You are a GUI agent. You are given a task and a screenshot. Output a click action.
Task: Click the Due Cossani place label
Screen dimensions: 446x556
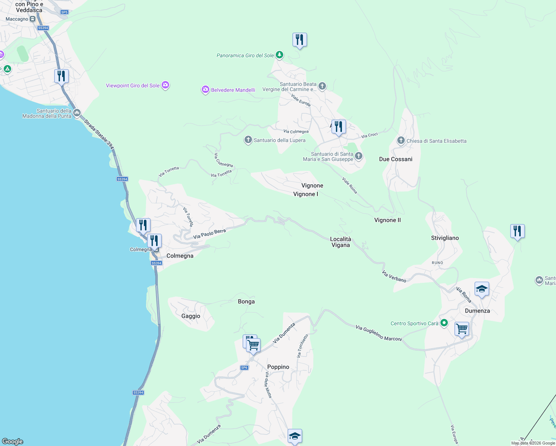click(395, 159)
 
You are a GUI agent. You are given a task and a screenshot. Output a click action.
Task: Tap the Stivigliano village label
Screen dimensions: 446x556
click(445, 238)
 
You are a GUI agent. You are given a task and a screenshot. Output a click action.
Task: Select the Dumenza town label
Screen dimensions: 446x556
click(477, 311)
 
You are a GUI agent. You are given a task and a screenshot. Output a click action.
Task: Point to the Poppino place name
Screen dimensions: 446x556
click(278, 367)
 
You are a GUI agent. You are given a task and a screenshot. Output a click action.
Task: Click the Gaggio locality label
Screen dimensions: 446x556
click(191, 316)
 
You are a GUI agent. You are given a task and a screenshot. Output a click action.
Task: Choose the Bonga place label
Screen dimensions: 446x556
click(246, 301)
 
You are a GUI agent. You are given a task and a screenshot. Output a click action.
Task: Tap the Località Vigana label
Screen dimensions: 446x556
click(340, 242)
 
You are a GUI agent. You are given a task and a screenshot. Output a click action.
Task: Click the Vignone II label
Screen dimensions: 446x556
click(387, 220)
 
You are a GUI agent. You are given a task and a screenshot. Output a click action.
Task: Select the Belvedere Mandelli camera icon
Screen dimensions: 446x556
click(205, 90)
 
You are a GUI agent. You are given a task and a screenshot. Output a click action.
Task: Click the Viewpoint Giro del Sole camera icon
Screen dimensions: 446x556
click(165, 85)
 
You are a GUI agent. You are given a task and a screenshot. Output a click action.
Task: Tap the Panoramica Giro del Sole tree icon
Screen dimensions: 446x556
click(279, 55)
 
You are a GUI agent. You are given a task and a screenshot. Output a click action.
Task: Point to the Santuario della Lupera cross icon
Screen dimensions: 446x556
click(248, 140)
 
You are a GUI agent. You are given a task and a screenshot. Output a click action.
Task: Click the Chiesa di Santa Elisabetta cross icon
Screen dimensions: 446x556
click(401, 140)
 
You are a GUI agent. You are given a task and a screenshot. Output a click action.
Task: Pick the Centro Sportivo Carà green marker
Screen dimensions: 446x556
click(444, 323)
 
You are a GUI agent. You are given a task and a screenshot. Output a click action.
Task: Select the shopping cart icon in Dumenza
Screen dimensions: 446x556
click(462, 329)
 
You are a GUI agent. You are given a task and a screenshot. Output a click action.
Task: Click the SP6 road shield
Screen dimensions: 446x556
click(244, 368)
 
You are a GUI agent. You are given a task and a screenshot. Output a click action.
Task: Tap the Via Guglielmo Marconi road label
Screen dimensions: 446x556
click(379, 333)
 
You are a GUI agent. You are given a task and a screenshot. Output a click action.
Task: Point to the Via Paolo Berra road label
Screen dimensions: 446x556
click(210, 234)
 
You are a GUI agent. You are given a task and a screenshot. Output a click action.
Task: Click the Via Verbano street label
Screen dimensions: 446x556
click(394, 277)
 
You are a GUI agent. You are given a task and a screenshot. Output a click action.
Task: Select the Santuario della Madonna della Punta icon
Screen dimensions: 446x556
click(77, 113)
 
